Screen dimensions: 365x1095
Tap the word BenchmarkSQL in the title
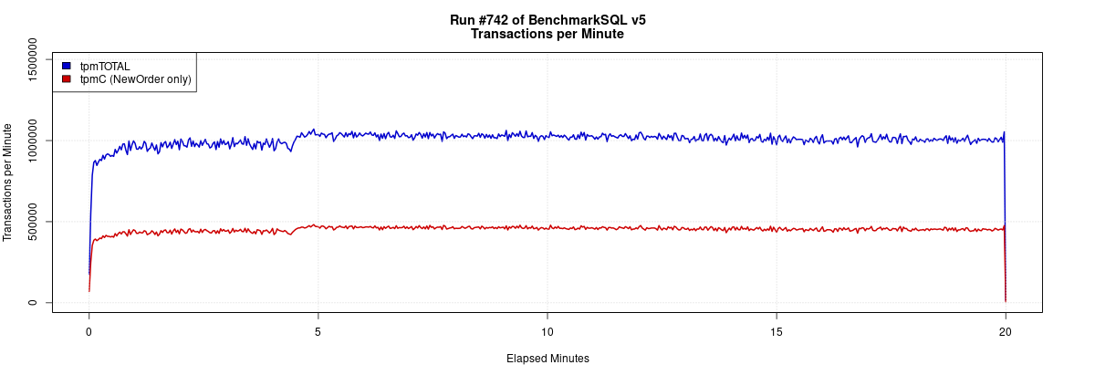(576, 20)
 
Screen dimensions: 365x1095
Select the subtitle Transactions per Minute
(547, 35)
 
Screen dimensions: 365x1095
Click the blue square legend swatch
(67, 66)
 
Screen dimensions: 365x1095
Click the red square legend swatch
(67, 79)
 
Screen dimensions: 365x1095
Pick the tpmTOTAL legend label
(105, 66)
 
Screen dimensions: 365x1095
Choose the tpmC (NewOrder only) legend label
(135, 79)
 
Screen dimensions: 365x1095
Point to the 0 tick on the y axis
(34, 302)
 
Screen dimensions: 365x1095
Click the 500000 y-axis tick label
(34, 221)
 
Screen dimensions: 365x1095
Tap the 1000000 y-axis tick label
(34, 140)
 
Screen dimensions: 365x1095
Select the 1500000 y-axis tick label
(34, 59)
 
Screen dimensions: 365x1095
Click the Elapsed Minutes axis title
(547, 359)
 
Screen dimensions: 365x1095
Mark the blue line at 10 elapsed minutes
(547, 136)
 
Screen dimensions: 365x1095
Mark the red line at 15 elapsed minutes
(776, 229)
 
